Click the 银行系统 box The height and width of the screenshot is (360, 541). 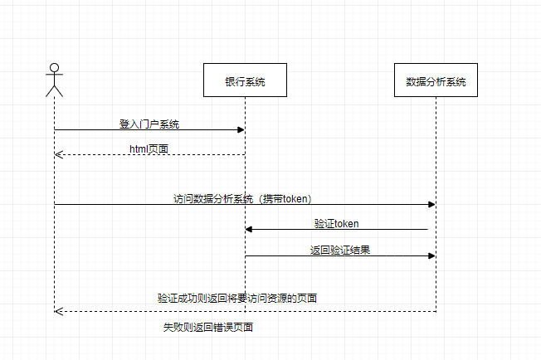click(245, 80)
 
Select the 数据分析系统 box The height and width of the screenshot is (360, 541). click(436, 80)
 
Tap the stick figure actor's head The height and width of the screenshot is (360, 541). click(54, 68)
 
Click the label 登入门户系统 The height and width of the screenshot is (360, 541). click(149, 124)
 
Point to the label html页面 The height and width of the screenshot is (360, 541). click(149, 148)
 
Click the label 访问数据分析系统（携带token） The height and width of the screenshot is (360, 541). click(242, 198)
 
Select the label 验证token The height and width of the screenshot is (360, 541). click(336, 224)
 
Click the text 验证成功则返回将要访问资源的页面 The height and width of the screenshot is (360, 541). click(237, 298)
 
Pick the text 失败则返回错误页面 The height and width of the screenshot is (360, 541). click(207, 327)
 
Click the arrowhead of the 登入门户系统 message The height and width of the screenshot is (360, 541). click(241, 129)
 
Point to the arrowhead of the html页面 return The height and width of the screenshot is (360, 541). click(58, 154)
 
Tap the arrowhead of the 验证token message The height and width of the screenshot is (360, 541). click(249, 229)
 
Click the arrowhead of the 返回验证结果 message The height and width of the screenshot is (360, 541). click(431, 255)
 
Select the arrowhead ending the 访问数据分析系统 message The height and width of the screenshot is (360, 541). click(431, 204)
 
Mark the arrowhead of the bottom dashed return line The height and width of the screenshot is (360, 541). click(58, 311)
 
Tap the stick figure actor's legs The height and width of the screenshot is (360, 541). click(54, 90)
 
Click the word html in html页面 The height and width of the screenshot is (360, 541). click(139, 148)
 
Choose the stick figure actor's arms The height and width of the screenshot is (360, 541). click(54, 79)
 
